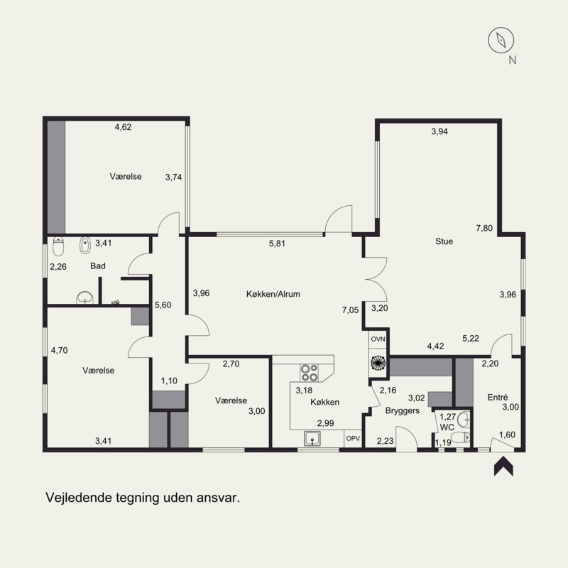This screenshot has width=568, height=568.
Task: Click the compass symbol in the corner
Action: [x=501, y=40]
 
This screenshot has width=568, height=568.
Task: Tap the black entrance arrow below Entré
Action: [x=503, y=466]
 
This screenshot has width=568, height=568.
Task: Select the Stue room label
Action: [x=444, y=241]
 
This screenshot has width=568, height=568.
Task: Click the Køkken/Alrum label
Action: [x=273, y=294]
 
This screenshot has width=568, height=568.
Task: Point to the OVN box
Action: [x=378, y=339]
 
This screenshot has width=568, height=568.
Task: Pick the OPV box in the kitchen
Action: [x=353, y=438]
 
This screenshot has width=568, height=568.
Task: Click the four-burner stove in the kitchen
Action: [x=310, y=373]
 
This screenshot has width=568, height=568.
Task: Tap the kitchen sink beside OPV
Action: [x=312, y=439]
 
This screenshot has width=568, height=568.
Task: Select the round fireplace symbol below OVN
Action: [x=378, y=363]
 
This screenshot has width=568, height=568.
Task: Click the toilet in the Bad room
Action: [x=58, y=246]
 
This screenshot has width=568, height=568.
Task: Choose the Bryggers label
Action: [x=403, y=411]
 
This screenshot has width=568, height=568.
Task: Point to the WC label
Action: [x=447, y=427]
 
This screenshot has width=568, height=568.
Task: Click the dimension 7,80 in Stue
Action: [x=484, y=228]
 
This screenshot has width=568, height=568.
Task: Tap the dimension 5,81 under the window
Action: [x=277, y=244]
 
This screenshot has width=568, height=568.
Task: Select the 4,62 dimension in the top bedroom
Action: [x=123, y=127]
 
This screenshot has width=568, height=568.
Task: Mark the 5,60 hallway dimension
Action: [x=163, y=305]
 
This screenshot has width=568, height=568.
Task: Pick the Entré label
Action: [x=498, y=398]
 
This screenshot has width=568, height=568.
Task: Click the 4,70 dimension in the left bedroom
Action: [x=60, y=350]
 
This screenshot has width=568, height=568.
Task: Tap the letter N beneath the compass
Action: [x=512, y=60]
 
